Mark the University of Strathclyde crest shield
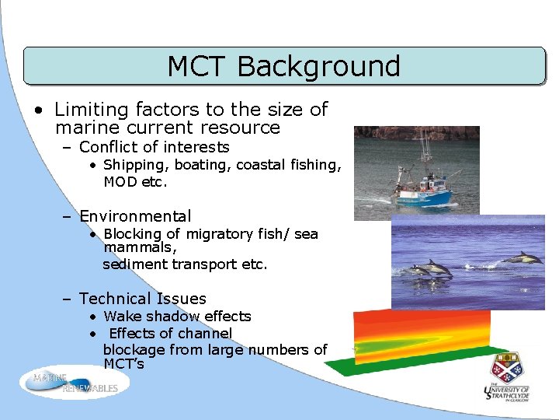click(506, 367)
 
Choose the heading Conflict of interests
click(154, 147)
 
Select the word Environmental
click(135, 216)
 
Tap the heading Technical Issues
click(142, 299)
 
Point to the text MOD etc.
click(135, 182)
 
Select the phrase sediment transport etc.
click(185, 264)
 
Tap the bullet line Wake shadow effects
click(177, 317)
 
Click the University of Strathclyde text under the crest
click(506, 393)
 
